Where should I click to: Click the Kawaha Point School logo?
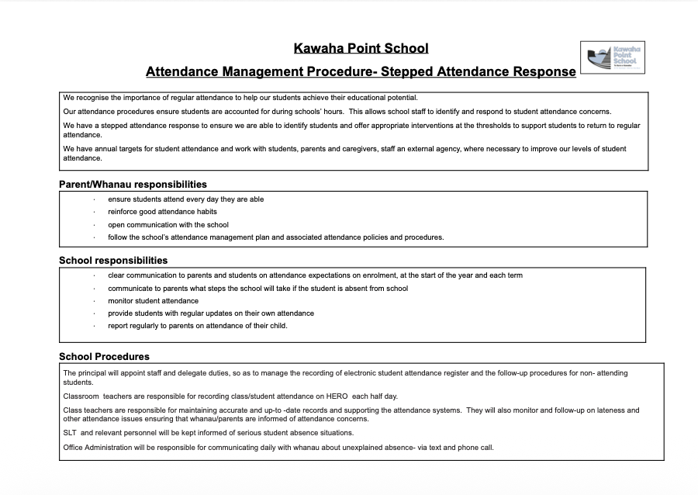click(612, 58)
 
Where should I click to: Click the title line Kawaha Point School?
click(361, 48)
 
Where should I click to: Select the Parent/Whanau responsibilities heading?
click(133, 185)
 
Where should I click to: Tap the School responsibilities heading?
click(113, 260)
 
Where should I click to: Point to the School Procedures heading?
click(104, 357)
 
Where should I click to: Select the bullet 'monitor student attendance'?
click(153, 300)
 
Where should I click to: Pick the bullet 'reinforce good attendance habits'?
click(162, 212)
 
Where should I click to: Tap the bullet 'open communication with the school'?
click(168, 224)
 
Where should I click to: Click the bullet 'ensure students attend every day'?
click(185, 199)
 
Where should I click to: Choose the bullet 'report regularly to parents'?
click(197, 326)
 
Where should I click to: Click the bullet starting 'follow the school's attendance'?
click(275, 237)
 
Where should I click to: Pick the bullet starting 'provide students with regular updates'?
click(210, 313)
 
